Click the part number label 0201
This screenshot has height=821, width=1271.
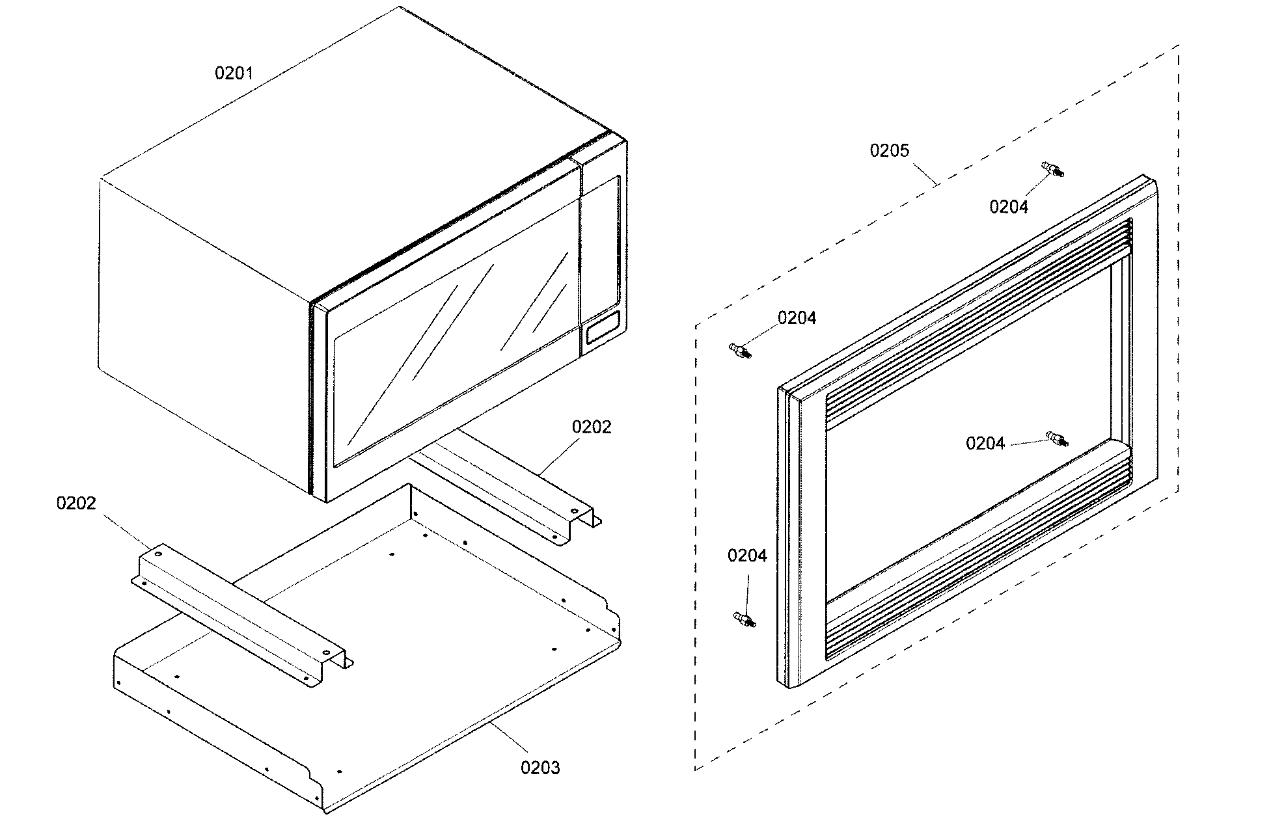(x=234, y=73)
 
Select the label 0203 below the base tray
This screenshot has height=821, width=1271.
(x=540, y=768)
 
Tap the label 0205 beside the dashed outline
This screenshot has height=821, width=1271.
(x=889, y=151)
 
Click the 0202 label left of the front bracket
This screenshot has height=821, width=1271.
(x=76, y=503)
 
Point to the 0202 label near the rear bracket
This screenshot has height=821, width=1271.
(x=591, y=427)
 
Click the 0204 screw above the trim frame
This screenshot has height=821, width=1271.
(x=1054, y=170)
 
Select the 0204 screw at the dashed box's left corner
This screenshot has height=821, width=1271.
(x=739, y=351)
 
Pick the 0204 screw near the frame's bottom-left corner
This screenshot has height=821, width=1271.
(x=743, y=619)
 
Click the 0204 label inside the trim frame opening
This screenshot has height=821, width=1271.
(x=985, y=444)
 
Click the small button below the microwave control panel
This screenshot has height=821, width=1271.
(x=603, y=327)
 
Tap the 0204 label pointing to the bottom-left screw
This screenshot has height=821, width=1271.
(x=747, y=556)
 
